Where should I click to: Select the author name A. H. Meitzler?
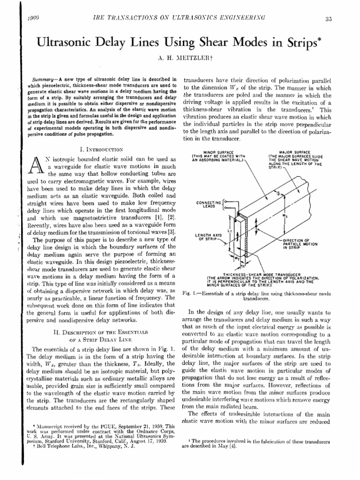tap(180, 60)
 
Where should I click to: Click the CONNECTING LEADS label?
tap(210, 204)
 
